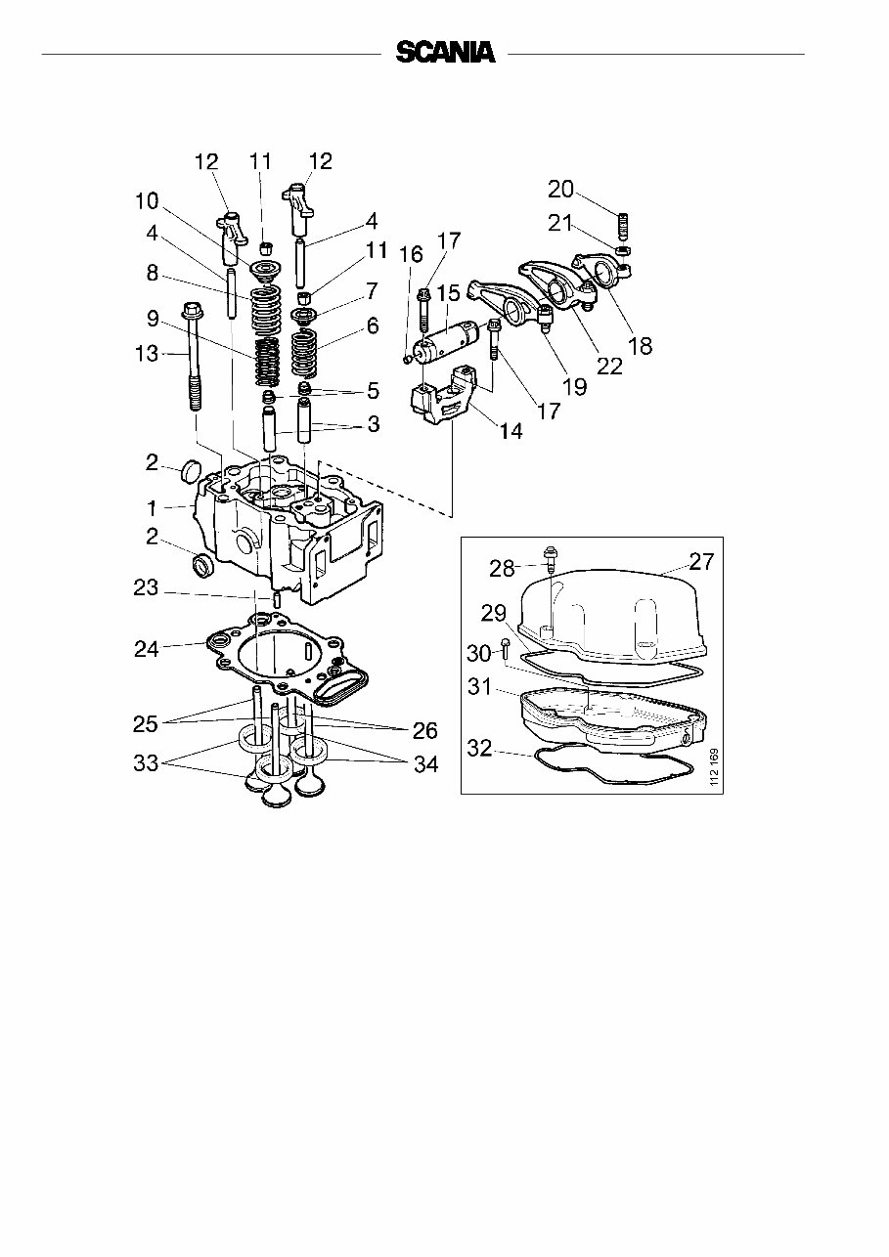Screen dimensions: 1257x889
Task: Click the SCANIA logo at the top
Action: click(x=445, y=53)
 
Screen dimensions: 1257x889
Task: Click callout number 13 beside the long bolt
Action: click(x=146, y=354)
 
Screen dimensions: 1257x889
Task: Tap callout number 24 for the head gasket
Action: click(x=146, y=647)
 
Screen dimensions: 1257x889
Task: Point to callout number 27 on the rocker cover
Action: click(x=701, y=562)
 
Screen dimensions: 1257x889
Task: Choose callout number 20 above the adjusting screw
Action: click(x=560, y=190)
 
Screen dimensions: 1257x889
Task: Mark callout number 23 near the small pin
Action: click(x=146, y=588)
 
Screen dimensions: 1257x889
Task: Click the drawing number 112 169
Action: click(x=714, y=768)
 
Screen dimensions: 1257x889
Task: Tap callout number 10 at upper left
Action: click(x=146, y=201)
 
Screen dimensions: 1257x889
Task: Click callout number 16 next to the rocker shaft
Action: click(x=411, y=254)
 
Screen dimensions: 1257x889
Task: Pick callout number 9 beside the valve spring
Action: click(x=153, y=318)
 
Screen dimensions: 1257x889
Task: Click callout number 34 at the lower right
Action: click(x=425, y=765)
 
